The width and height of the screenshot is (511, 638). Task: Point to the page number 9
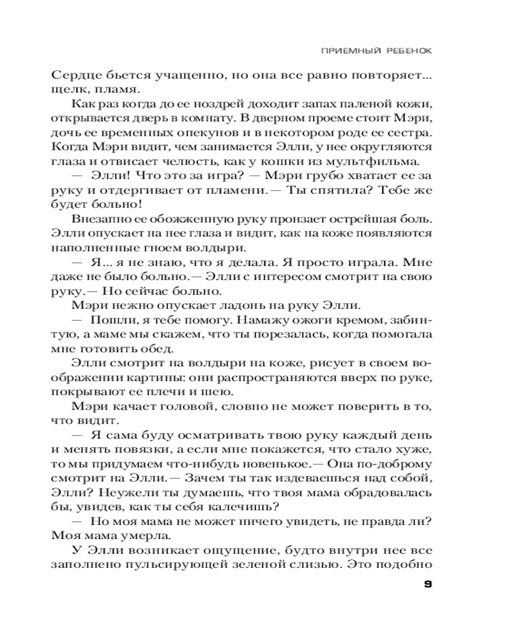point(428,584)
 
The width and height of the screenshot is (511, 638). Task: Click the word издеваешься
point(307,478)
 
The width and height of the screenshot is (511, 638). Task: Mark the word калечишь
point(246,507)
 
